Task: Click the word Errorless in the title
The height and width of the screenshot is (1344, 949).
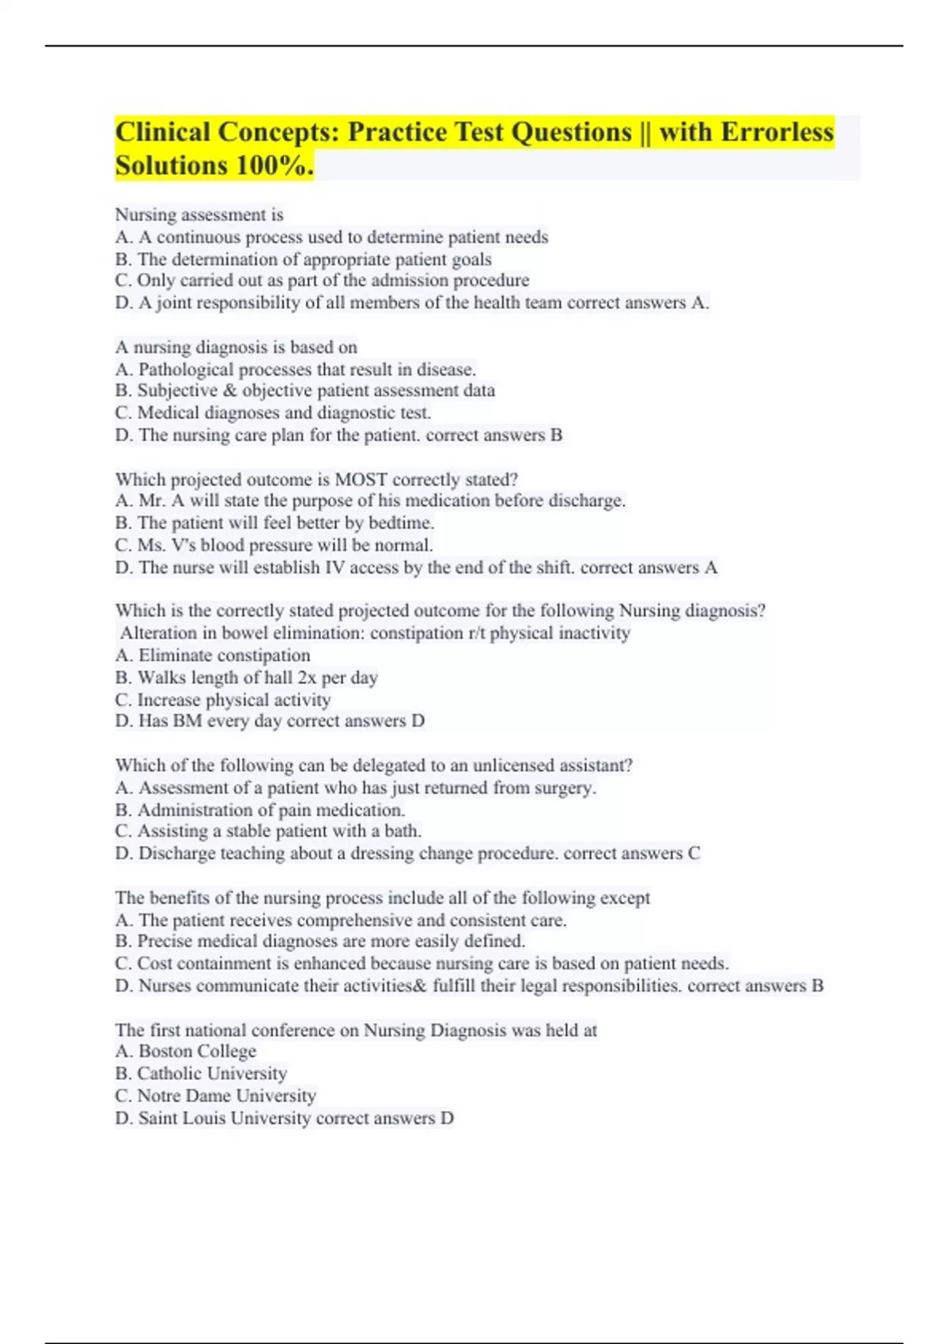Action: [x=777, y=132]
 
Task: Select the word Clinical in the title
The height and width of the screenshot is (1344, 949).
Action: [x=162, y=132]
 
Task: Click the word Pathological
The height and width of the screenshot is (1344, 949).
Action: [x=185, y=369]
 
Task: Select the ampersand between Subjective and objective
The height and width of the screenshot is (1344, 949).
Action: [x=229, y=391]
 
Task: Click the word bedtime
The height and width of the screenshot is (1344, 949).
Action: [x=403, y=523]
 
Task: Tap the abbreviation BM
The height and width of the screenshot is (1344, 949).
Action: [x=188, y=721]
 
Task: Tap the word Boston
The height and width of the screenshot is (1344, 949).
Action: [x=164, y=1051]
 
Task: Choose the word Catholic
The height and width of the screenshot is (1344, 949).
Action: [x=168, y=1074]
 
